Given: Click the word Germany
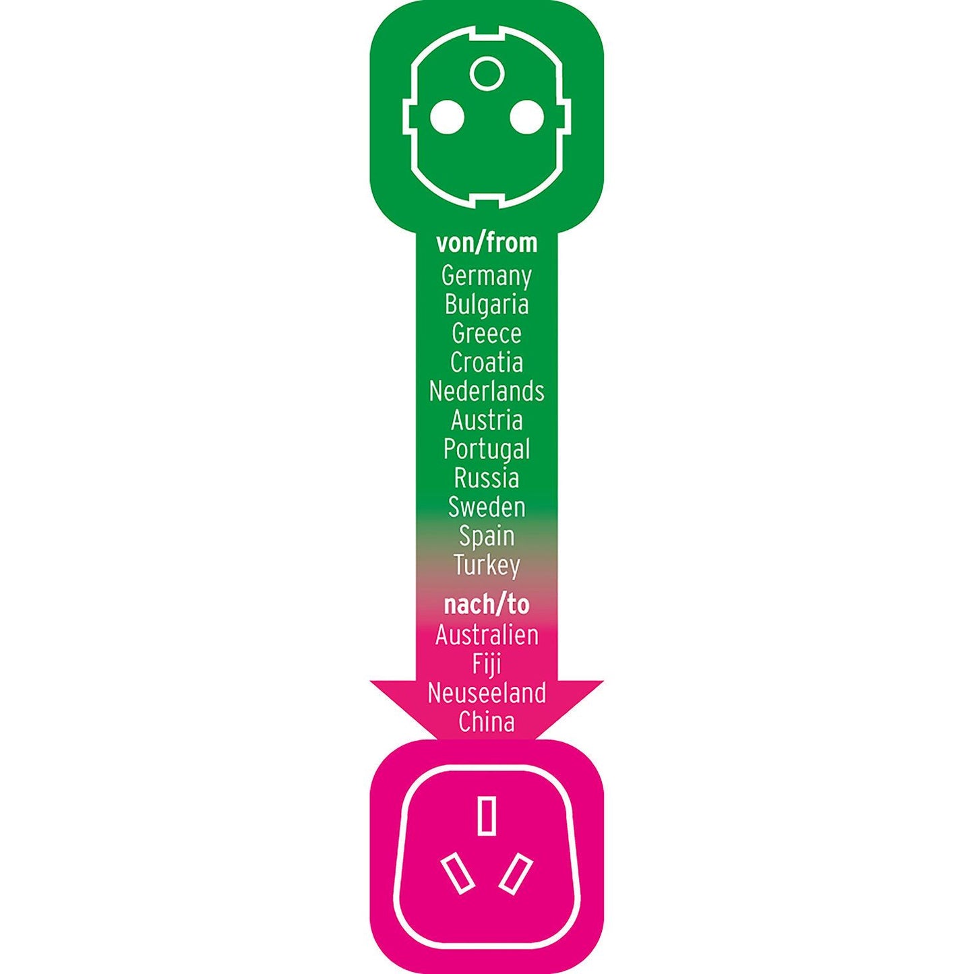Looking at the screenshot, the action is [486, 277].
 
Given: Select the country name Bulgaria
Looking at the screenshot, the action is [486, 305].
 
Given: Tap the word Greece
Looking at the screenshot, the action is [486, 334].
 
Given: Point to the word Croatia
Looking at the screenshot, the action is [486, 363].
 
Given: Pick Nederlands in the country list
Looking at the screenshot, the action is [486, 392].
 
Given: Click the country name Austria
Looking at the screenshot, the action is [486, 421].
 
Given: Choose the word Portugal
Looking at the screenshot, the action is [486, 450].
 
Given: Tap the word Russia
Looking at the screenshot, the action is [486, 478].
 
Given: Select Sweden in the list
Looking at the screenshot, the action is [486, 507].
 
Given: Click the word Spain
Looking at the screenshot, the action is [486, 537].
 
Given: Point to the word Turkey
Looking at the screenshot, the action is [486, 566].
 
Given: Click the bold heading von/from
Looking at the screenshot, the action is [486, 243].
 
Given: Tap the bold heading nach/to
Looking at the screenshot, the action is [486, 605].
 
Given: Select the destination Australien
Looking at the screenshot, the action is [486, 636].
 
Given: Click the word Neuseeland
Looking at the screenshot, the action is [486, 693].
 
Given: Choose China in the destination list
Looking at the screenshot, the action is [486, 722].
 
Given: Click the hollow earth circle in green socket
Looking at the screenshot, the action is [487, 57].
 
